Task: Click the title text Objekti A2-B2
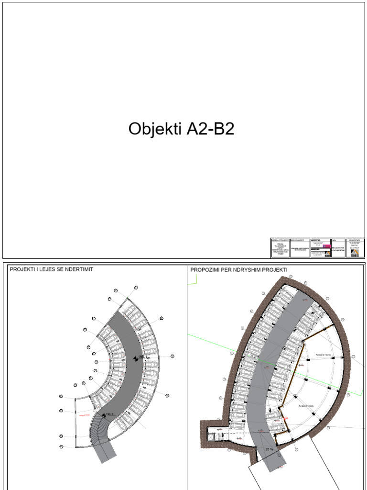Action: tap(181, 129)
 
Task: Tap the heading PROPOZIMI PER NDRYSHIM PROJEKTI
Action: tap(239, 270)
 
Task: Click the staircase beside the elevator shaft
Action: tap(220, 437)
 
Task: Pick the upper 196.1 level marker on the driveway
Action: tap(140, 357)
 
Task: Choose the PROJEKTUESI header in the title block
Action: tap(354, 240)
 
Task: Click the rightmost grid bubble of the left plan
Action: tap(173, 356)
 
